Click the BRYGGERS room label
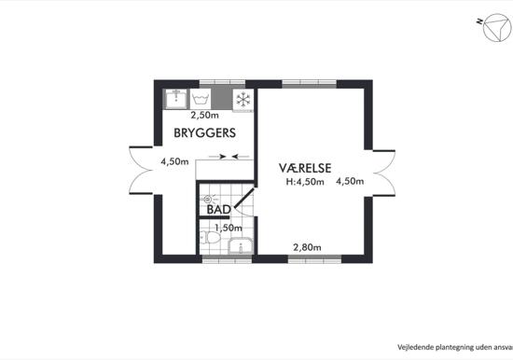(x=205, y=132)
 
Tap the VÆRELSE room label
(x=305, y=168)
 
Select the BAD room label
(x=219, y=210)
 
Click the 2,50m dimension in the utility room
(x=205, y=116)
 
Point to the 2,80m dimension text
(x=307, y=247)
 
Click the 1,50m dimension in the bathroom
(x=229, y=228)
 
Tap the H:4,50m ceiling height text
(x=305, y=182)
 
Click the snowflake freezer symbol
(x=243, y=100)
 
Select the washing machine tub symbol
(x=200, y=99)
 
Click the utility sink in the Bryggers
(x=176, y=99)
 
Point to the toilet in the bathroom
(x=210, y=237)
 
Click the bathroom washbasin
(x=241, y=246)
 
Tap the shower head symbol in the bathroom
(x=207, y=199)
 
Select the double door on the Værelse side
(x=383, y=173)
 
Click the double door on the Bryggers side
(x=141, y=170)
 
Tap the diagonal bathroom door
(x=243, y=199)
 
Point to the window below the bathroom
(x=227, y=260)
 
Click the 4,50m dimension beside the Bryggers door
(x=174, y=161)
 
